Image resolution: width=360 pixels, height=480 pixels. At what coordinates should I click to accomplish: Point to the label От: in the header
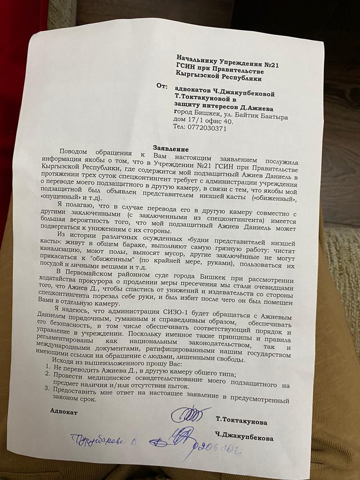[163, 86]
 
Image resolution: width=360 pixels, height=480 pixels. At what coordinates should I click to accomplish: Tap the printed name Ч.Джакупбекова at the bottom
[244, 438]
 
